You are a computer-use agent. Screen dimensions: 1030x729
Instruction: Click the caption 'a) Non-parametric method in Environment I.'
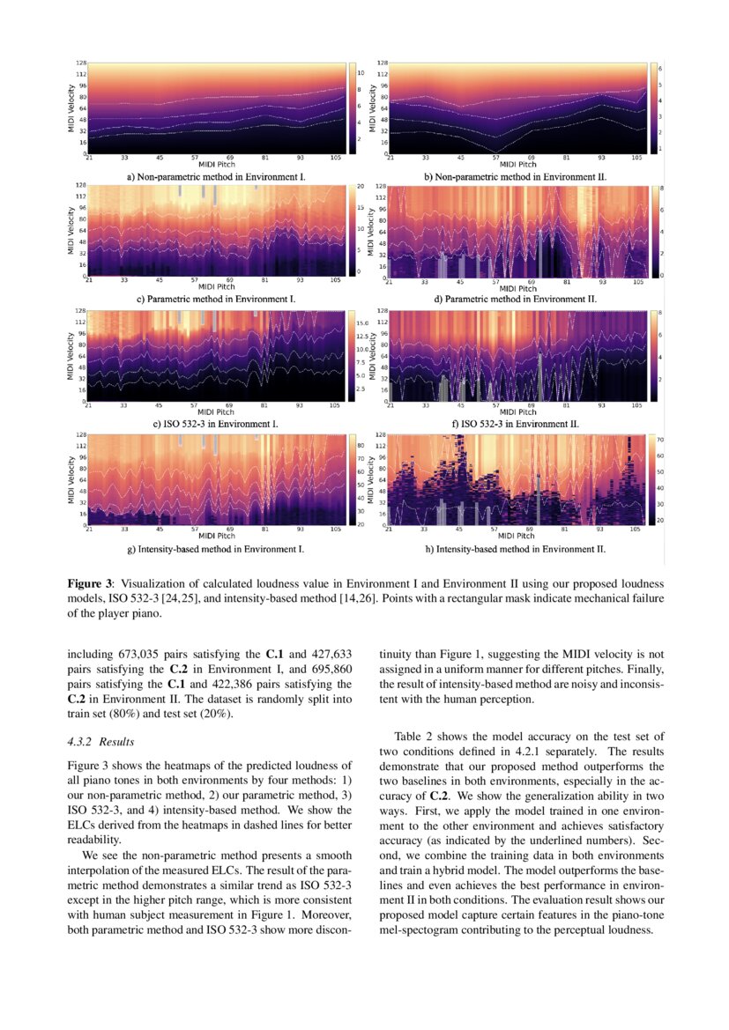coord(216,176)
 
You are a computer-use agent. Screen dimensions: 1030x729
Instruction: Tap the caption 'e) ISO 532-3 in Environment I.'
coord(216,423)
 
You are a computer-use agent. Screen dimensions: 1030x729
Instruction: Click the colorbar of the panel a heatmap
coord(352,107)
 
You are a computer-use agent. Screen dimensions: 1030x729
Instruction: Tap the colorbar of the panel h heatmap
coord(653,479)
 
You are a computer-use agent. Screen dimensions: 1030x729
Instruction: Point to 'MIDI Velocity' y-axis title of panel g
coord(71,479)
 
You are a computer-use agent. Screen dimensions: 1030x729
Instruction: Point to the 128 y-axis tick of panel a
coord(81,63)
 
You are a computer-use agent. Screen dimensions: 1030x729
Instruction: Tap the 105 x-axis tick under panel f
coord(636,405)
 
